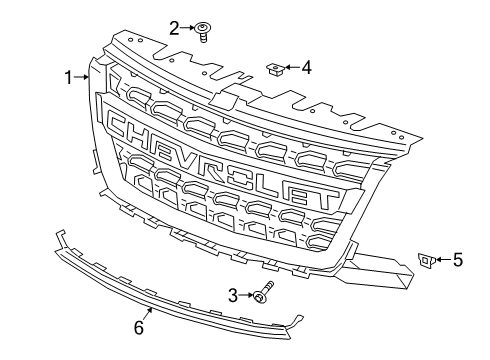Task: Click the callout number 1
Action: tap(70, 77)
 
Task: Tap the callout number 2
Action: tap(174, 28)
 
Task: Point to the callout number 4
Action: tap(306, 68)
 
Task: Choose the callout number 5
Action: tap(458, 260)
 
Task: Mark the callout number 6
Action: tap(140, 326)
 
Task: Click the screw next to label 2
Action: tap(202, 31)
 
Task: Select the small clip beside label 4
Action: tap(275, 69)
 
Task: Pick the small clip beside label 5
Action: tap(425, 260)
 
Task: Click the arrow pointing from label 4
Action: tap(292, 68)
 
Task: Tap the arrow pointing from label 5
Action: tap(443, 260)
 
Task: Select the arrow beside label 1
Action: tap(84, 77)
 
